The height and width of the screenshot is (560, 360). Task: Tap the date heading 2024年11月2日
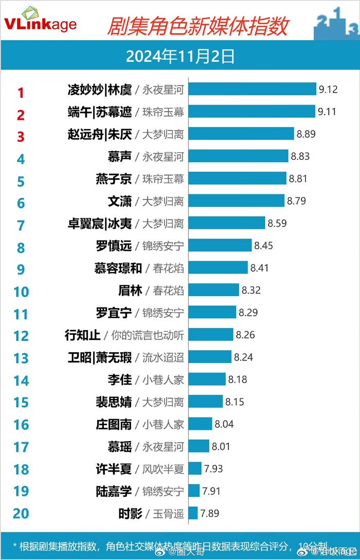pos(180,56)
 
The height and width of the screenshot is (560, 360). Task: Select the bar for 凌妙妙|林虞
pos(252,89)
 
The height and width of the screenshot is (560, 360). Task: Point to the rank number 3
pos(21,137)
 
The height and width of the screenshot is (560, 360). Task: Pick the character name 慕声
pos(119,156)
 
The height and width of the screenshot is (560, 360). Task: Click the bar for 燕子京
pos(237,178)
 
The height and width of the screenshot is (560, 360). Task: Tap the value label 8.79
pos(297,201)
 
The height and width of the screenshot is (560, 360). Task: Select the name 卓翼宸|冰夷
pos(100,223)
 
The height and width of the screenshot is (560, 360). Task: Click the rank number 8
pos(21,248)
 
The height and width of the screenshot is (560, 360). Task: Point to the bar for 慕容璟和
pos(218,267)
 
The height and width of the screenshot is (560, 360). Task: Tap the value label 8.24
pos(243,357)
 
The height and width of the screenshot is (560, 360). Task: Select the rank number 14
pos(21,381)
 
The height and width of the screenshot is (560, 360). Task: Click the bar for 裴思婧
pos(206,402)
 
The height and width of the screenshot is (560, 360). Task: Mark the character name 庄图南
pos(114,424)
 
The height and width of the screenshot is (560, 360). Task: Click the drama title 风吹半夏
pos(163,469)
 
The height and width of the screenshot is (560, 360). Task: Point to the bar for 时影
pos(193,513)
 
